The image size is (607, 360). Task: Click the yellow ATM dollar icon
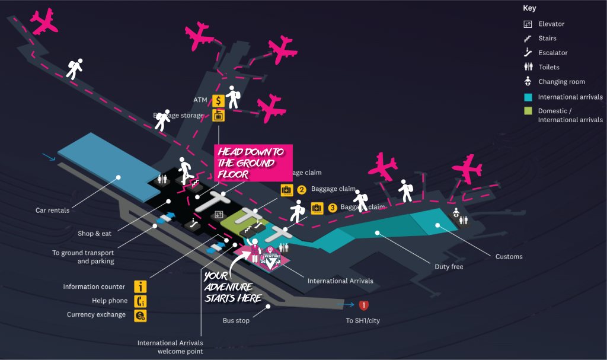coord(218,100)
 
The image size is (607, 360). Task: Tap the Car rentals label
coord(52,211)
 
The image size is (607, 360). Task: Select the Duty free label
coord(449,267)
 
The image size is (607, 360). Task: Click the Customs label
coord(509,257)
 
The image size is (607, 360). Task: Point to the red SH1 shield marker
coord(364,305)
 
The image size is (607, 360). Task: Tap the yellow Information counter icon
coord(140,287)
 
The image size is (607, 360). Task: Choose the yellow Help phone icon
coord(140,301)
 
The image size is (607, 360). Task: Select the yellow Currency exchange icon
coord(140,316)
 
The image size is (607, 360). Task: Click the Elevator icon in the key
coord(528,24)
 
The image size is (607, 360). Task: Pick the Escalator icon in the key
coord(528,53)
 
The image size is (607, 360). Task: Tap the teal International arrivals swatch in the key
coord(528,97)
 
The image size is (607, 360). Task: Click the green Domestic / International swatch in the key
coord(528,111)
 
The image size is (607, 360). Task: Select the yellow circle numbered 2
coord(302,190)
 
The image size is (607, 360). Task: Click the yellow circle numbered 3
coord(333,208)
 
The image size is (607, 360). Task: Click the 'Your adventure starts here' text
coord(232,286)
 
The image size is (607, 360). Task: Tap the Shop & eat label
coord(94,234)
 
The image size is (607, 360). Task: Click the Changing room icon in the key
coord(528,82)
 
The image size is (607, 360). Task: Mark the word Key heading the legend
coord(529,8)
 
